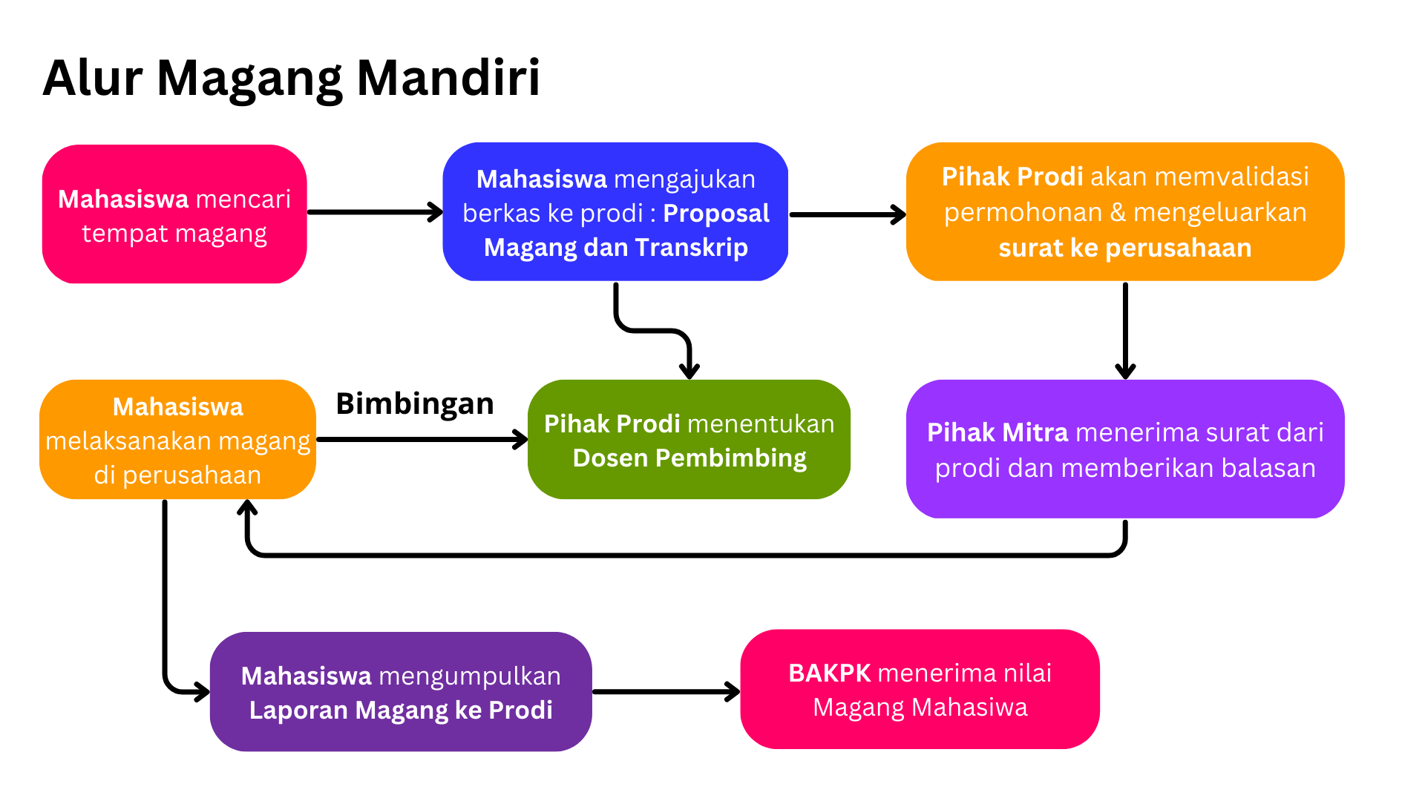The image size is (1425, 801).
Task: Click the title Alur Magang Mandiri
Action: click(291, 78)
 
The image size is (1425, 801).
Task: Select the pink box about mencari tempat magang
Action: click(174, 214)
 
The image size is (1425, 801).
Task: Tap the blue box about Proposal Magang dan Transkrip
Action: click(615, 212)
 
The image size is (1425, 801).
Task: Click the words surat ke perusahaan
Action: click(1124, 248)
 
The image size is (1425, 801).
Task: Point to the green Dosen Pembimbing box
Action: click(689, 440)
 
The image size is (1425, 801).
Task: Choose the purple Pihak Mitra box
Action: click(1124, 449)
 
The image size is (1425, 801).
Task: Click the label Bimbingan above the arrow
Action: click(415, 403)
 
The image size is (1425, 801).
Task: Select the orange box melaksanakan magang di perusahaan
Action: click(177, 440)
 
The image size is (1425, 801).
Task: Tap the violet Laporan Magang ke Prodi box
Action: click(401, 692)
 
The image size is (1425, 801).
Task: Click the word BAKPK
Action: click(829, 673)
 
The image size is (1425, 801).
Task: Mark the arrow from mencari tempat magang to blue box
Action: click(375, 212)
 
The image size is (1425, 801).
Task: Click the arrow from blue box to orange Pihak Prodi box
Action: click(847, 215)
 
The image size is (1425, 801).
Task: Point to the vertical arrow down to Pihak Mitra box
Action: click(1125, 330)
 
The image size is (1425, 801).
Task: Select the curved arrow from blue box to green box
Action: click(653, 330)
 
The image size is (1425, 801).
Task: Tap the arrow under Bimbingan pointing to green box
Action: click(421, 440)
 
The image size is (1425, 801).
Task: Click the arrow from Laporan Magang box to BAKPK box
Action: click(666, 692)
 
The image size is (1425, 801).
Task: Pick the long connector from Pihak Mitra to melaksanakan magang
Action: click(683, 555)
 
